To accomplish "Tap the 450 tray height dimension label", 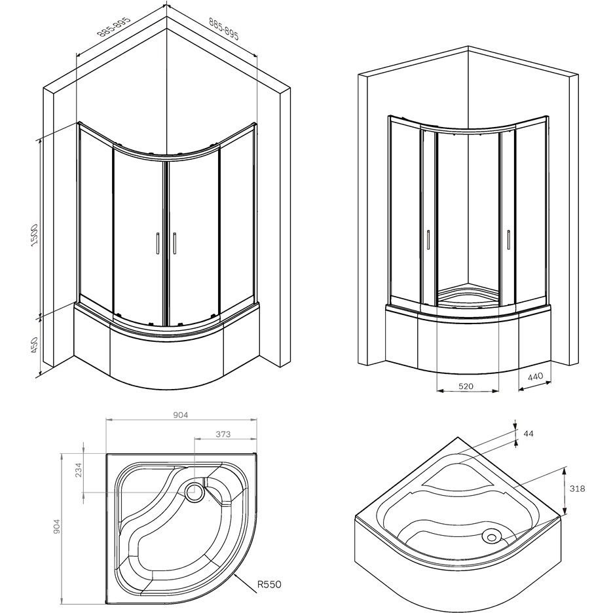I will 34,345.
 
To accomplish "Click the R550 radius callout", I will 269,584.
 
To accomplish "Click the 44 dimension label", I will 530,433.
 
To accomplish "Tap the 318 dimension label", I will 577,488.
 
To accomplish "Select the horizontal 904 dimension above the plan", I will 181,415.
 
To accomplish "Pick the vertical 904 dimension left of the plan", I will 56,527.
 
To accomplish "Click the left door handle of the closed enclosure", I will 158,243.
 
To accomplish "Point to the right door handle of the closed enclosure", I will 176,243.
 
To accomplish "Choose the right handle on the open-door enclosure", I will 508,239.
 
